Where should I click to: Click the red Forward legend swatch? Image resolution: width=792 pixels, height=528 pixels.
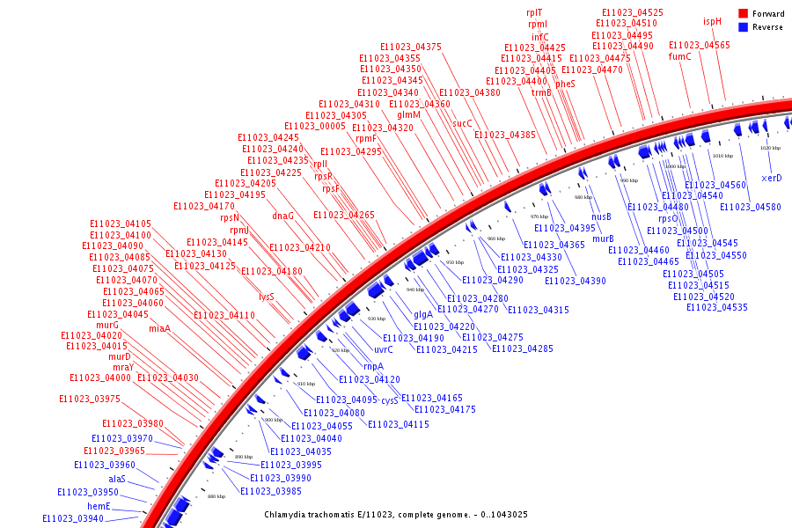743,14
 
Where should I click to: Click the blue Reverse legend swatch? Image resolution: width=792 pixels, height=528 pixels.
743,27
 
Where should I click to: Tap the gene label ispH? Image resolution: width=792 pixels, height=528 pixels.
712,21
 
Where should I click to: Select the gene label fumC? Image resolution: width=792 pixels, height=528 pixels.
680,56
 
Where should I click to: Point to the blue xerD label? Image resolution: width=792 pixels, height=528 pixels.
772,178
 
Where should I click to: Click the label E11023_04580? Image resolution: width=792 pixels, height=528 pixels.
750,207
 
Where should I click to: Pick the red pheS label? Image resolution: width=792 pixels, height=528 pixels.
565,84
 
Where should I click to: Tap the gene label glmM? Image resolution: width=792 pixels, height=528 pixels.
409,115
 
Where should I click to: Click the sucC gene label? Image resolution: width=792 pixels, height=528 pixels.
463,123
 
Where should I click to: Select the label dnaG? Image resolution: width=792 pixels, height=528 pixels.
282,216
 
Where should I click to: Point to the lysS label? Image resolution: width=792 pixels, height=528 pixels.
267,297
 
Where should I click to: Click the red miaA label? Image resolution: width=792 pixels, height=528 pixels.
159,328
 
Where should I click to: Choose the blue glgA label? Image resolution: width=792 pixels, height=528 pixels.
423,314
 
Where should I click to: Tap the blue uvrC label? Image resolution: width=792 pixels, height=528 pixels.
384,349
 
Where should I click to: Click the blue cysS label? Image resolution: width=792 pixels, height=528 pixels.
390,400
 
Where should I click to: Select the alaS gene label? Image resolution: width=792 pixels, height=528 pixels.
117,479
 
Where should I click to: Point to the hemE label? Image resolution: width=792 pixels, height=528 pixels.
99,506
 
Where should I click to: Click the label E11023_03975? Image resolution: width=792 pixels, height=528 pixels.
89,399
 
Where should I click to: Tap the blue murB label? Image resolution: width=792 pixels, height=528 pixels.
603,238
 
